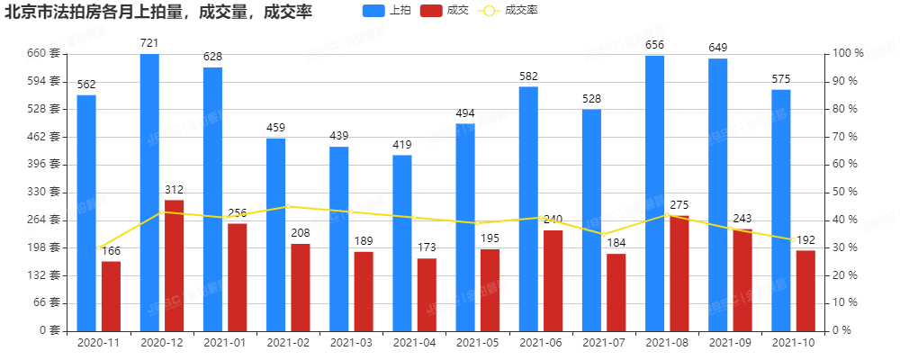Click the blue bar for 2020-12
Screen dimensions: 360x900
point(149,192)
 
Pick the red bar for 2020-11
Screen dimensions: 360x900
point(111,295)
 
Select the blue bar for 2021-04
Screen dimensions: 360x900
point(402,242)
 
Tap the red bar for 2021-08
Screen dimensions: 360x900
point(679,273)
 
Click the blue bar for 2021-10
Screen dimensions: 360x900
point(781,210)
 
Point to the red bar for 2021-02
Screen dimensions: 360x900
point(301,286)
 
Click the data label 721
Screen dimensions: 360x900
point(149,43)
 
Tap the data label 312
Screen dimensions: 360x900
point(174,189)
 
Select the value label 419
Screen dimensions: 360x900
point(402,145)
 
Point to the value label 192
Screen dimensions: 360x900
point(805,239)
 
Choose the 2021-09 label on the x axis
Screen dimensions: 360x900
point(731,343)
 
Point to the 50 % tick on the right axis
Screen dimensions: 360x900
point(846,192)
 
